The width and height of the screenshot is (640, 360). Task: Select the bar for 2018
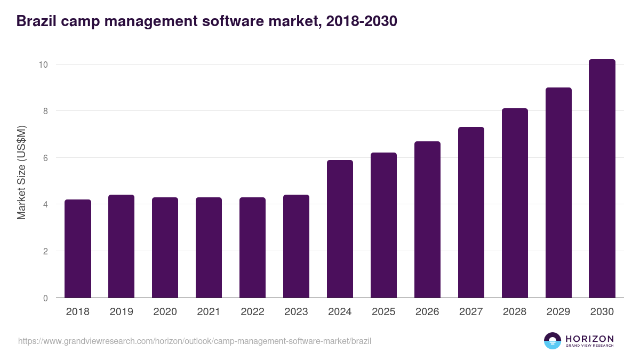coord(78,249)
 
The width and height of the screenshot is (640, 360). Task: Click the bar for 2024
coord(340,229)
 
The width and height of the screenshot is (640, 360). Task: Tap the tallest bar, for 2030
coord(602,179)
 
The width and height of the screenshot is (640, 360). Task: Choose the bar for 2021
coord(209,247)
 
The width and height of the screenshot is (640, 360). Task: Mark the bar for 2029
coord(558,193)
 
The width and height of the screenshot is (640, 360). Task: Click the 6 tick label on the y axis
coord(45,158)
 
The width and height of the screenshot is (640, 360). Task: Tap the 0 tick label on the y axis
coord(45,298)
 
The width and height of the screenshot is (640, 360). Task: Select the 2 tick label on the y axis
coord(45,251)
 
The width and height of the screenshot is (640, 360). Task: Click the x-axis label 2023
coord(296,312)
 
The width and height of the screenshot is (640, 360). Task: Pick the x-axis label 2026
coord(427,312)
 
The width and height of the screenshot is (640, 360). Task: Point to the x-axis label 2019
coord(121,312)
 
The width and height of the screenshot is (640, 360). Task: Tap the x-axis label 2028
coord(515,312)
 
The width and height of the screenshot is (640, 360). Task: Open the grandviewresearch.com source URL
coord(195,341)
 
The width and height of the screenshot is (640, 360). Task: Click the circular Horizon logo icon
coord(553,341)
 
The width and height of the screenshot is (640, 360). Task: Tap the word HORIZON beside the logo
coord(589,339)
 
